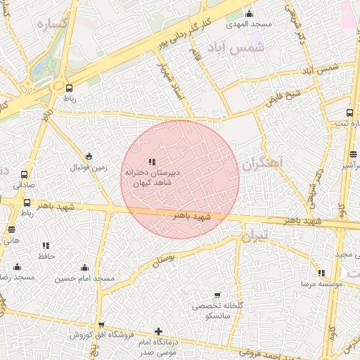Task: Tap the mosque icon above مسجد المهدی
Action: tap(248, 13)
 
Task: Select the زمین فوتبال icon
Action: tap(88, 156)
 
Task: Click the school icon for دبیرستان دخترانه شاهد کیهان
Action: tap(153, 162)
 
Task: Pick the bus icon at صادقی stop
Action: tap(25, 174)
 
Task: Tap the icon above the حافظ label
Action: tap(46, 246)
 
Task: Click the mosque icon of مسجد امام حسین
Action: tap(85, 267)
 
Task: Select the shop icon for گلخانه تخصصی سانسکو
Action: tap(217, 295)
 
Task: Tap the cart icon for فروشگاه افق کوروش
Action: tap(102, 325)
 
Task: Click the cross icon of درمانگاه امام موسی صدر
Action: tap(158, 330)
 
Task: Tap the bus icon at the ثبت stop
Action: tap(349, 112)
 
